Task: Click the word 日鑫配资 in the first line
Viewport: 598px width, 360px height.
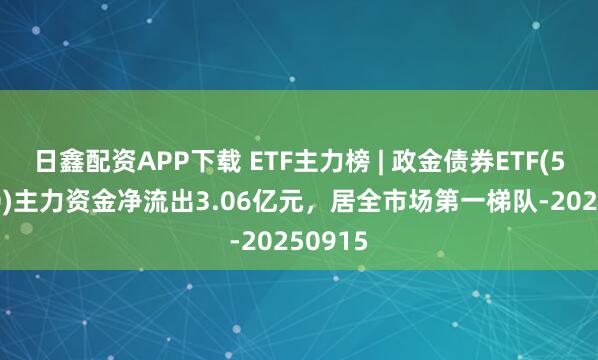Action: pyautogui.click(x=74, y=158)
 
